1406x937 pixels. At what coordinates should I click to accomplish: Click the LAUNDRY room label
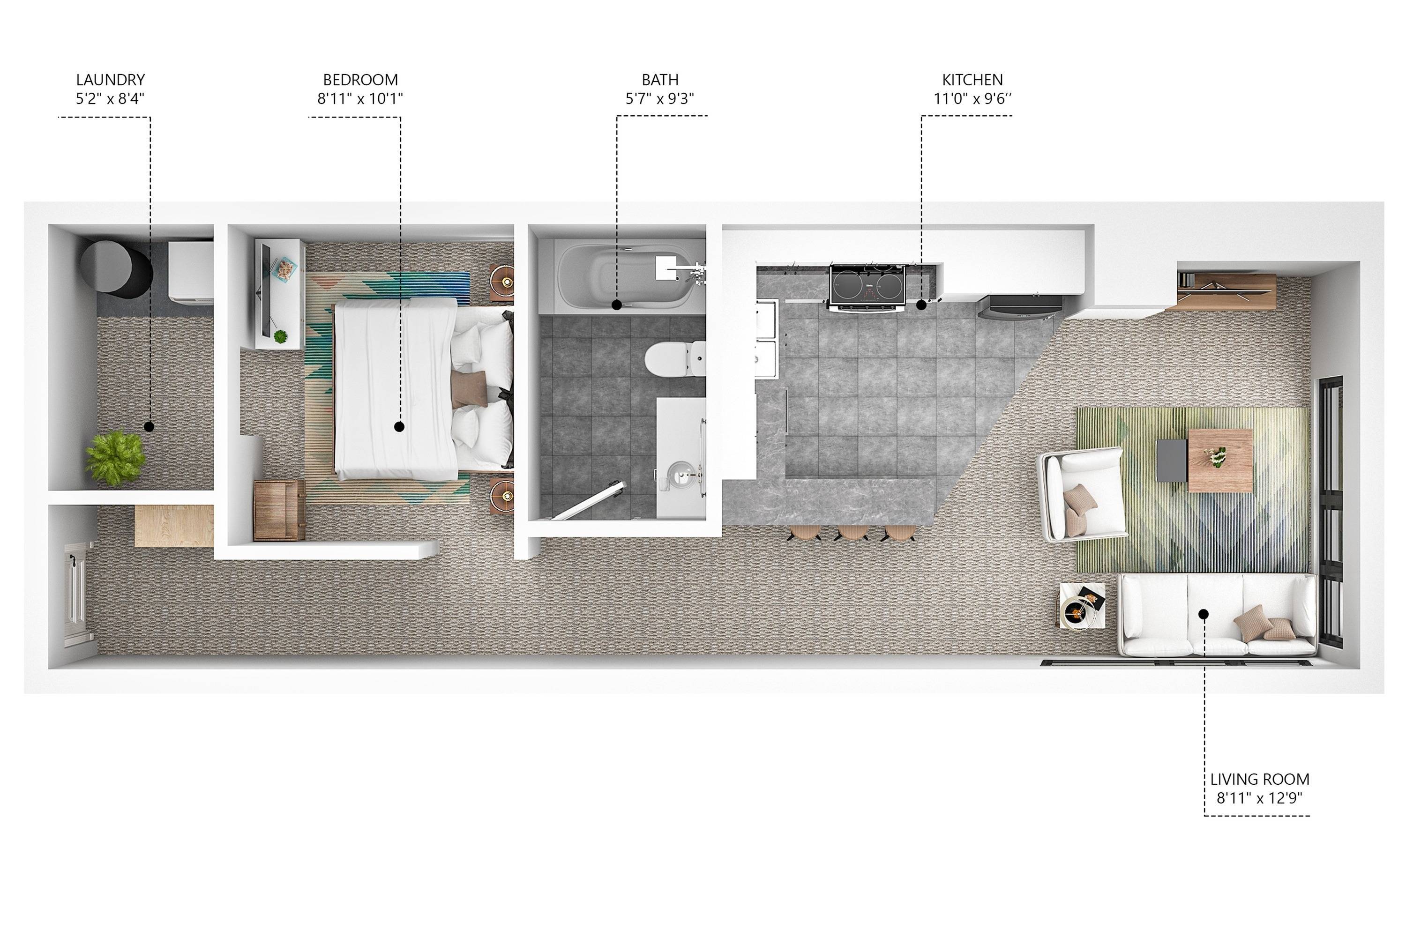pyautogui.click(x=111, y=80)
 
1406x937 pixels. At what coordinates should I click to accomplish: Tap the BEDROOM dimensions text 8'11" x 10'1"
pyautogui.click(x=360, y=98)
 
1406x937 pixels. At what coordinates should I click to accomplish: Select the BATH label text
pyautogui.click(x=659, y=80)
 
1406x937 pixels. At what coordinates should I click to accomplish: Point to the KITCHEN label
pyautogui.click(x=972, y=80)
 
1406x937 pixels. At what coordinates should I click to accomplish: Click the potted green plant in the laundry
pyautogui.click(x=115, y=458)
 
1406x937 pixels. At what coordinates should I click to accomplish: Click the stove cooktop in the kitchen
pyautogui.click(x=868, y=286)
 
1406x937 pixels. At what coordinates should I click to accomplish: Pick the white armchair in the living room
pyautogui.click(x=1083, y=492)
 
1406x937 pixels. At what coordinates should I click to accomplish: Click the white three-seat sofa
pyautogui.click(x=1218, y=615)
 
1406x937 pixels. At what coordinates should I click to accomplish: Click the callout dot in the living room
pyautogui.click(x=1204, y=614)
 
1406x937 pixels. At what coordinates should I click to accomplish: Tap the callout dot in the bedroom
pyautogui.click(x=399, y=427)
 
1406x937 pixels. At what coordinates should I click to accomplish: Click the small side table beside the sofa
pyautogui.click(x=1082, y=605)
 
